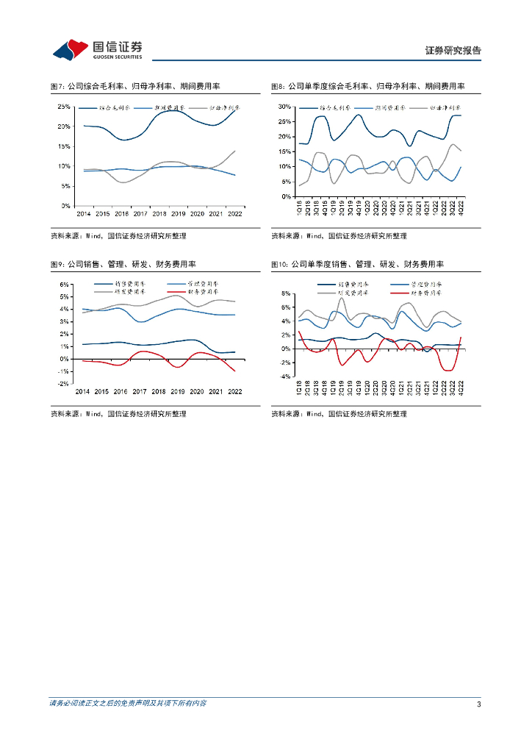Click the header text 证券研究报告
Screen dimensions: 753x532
coord(453,51)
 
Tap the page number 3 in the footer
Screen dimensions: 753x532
coord(478,704)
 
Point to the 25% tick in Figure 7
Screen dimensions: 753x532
coord(64,107)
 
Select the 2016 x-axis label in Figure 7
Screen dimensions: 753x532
coord(121,213)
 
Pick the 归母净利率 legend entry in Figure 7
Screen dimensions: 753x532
coord(220,107)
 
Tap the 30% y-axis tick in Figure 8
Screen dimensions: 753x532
coord(285,107)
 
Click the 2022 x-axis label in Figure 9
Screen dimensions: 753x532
coord(235,391)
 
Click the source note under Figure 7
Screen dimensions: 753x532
coord(118,236)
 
